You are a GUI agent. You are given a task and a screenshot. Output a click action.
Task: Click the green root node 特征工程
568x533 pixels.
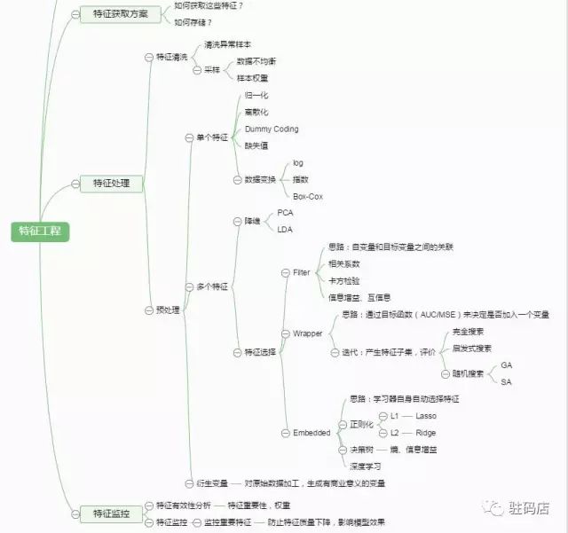[39, 231]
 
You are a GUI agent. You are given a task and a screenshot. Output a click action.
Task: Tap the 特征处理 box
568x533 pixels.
[111, 184]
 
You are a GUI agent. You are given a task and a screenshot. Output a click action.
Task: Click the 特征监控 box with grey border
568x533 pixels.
[111, 513]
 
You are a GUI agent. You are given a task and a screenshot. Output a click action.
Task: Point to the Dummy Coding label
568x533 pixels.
[272, 129]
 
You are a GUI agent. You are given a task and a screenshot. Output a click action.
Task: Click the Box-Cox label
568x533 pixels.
[307, 196]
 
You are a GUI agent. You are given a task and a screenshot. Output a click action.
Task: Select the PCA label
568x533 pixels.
[285, 213]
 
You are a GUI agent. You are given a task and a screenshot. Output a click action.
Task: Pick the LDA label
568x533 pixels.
[284, 230]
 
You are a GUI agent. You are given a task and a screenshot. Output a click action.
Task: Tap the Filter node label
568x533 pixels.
[302, 272]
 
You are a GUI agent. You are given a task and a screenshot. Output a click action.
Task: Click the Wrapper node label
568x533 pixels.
[308, 333]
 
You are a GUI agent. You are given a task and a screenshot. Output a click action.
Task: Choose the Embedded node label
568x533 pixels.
[312, 433]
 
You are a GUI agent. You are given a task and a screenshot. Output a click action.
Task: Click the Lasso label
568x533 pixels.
[426, 415]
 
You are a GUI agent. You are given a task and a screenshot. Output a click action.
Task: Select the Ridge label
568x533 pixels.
[426, 433]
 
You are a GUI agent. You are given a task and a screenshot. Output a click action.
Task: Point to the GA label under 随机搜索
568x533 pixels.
[506, 364]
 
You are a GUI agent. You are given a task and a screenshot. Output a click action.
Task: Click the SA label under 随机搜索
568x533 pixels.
[506, 382]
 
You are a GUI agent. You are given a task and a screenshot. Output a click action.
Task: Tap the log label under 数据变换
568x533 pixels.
[298, 163]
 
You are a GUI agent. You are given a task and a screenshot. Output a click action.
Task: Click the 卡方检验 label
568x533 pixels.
[344, 280]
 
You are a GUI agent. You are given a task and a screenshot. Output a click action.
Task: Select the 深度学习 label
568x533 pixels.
[365, 466]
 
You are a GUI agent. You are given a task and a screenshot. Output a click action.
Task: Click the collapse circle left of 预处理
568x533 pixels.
[148, 310]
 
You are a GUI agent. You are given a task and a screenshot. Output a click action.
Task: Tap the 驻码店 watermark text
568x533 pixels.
[529, 508]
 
